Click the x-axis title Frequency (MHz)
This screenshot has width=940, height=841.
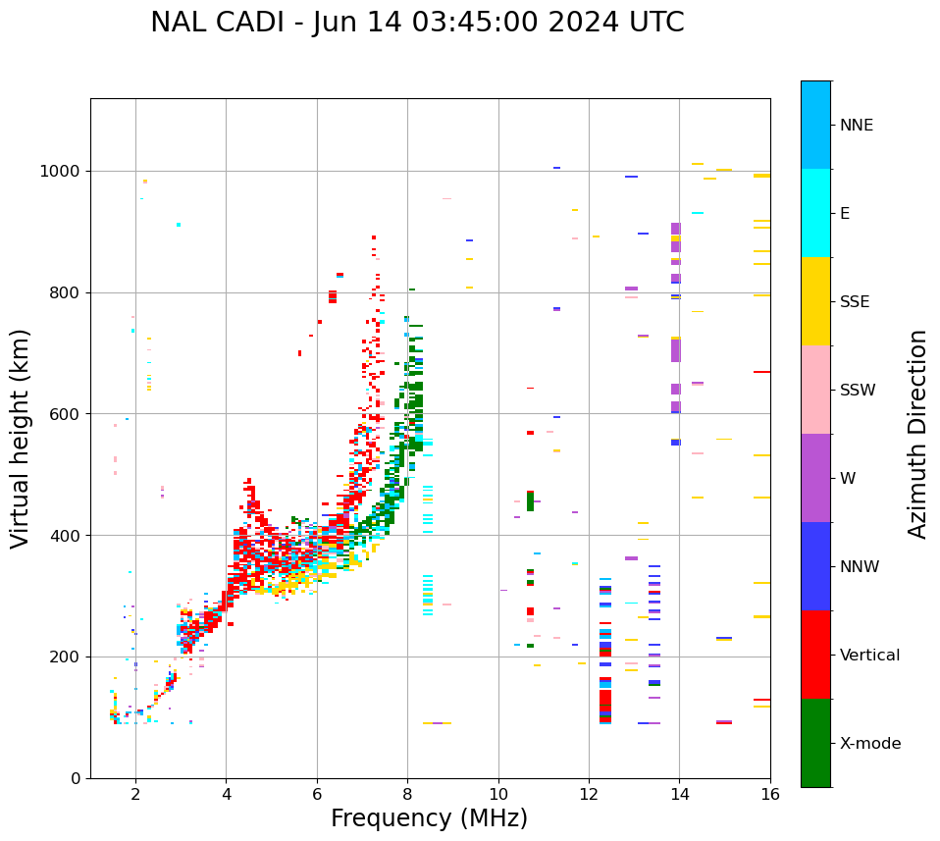[429, 818]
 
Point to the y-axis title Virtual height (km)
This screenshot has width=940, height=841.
[21, 438]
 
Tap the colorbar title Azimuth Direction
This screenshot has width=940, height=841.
[917, 434]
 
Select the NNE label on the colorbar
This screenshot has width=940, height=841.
[856, 126]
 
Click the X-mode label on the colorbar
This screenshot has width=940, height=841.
[869, 744]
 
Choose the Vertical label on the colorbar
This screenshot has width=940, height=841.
[869, 656]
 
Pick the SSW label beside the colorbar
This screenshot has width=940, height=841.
[858, 391]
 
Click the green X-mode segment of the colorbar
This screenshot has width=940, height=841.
[815, 743]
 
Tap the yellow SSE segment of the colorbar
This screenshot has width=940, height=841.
[815, 301]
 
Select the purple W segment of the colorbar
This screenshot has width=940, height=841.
[815, 478]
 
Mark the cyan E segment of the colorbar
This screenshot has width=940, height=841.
[815, 213]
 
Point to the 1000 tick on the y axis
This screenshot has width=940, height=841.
[61, 172]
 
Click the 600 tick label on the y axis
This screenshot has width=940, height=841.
[66, 414]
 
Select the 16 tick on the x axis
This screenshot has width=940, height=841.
[770, 794]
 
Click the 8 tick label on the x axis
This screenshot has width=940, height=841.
[407, 794]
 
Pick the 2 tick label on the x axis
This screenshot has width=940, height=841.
[135, 794]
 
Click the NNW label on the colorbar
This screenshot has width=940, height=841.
[860, 567]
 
